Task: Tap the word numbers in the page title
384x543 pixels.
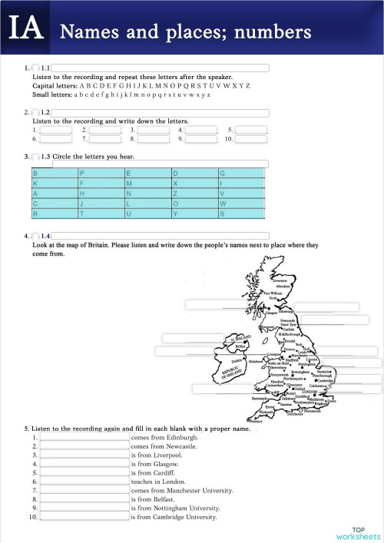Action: pyautogui.click(x=273, y=32)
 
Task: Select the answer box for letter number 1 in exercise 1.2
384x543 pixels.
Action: pyautogui.click(x=55, y=131)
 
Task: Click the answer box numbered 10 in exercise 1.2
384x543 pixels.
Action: pyautogui.click(x=251, y=140)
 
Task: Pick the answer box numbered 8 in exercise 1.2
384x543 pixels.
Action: pyautogui.click(x=154, y=140)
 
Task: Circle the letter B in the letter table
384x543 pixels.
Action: pyautogui.click(x=35, y=174)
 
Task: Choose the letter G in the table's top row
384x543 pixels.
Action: pyautogui.click(x=223, y=174)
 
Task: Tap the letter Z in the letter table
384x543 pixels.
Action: pyautogui.click(x=176, y=194)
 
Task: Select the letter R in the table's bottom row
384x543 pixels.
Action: pyautogui.click(x=35, y=214)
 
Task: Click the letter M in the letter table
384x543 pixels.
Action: pyautogui.click(x=129, y=184)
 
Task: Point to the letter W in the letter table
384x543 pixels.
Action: pyautogui.click(x=223, y=204)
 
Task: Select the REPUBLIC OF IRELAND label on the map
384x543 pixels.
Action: pyautogui.click(x=231, y=372)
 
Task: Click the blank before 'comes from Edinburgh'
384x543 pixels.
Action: pyautogui.click(x=84, y=436)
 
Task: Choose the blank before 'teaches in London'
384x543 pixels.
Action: pyautogui.click(x=84, y=481)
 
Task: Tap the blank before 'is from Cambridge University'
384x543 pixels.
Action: pyautogui.click(x=84, y=517)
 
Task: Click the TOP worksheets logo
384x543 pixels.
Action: pyautogui.click(x=357, y=532)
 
